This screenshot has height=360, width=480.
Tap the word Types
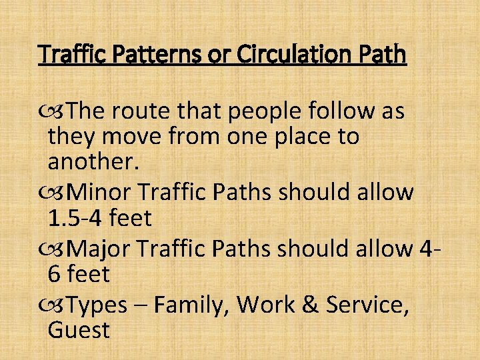pos(97,305)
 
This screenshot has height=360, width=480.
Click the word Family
pos(191,305)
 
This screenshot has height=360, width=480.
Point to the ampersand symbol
pos(309,305)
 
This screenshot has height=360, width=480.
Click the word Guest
pos(79,330)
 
